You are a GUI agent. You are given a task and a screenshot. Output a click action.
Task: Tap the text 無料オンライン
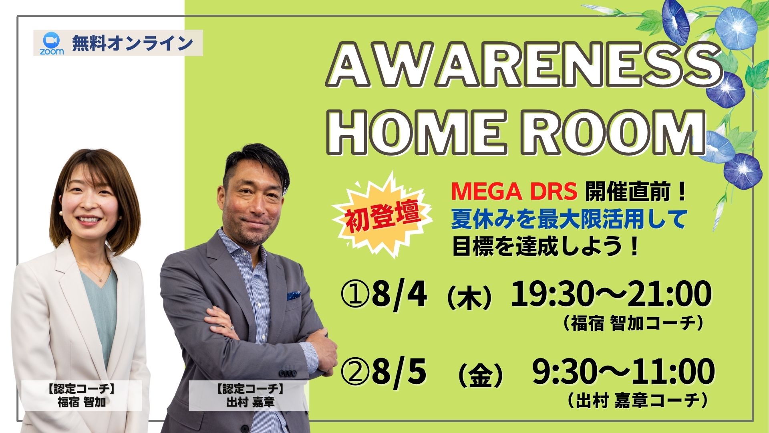click(133, 43)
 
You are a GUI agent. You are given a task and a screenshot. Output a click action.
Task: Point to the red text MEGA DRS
click(514, 193)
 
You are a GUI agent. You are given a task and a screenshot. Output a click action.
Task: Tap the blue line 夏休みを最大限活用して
click(569, 219)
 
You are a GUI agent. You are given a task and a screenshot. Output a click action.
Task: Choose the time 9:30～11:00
click(623, 372)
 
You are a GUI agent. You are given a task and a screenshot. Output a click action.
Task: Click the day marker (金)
click(480, 375)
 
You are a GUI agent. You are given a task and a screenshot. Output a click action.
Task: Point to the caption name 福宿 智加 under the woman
click(82, 402)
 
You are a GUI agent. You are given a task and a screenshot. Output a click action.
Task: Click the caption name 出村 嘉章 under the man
click(250, 402)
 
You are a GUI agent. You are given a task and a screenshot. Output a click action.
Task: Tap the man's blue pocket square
click(294, 295)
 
